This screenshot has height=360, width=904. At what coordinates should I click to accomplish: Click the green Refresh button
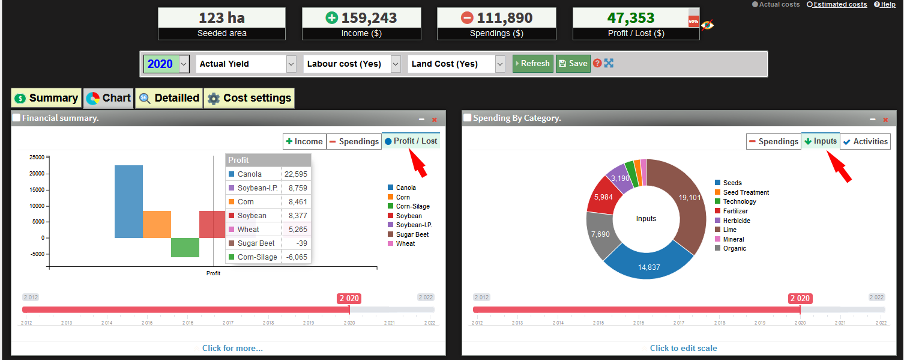(x=532, y=64)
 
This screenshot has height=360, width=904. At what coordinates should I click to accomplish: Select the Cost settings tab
(x=249, y=98)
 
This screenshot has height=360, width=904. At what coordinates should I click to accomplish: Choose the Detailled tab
(x=169, y=98)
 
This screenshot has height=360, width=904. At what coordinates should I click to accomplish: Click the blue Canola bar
(x=128, y=201)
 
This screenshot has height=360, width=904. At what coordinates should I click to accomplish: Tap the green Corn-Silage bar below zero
(x=185, y=248)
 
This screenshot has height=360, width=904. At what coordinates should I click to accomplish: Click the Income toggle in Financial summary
(x=304, y=141)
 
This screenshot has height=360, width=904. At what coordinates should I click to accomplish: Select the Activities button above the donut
(x=865, y=141)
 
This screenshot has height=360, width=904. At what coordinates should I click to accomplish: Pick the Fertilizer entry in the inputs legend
(x=735, y=211)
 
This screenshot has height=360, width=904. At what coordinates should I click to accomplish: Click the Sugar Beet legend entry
(x=412, y=234)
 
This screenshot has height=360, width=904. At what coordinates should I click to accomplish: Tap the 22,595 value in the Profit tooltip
(x=296, y=174)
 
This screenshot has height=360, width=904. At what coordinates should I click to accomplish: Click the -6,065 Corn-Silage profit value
(x=296, y=257)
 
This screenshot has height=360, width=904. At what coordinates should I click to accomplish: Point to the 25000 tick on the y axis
(x=37, y=157)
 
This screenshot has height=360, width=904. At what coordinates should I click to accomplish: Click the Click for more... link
(x=232, y=348)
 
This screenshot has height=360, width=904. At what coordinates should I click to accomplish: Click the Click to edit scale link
(x=683, y=348)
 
